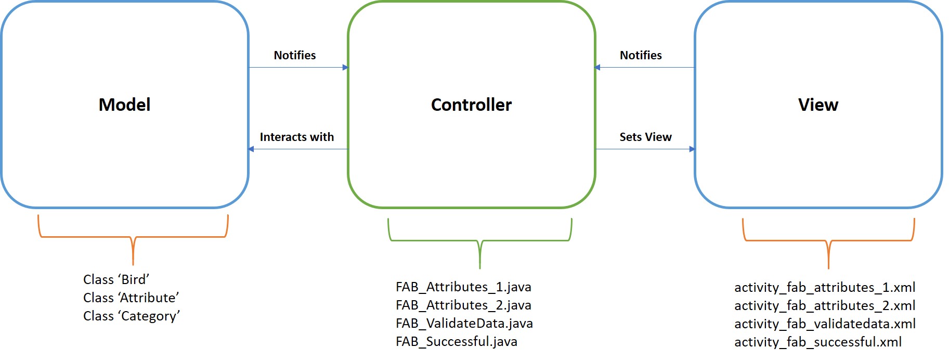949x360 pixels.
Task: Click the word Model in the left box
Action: coord(124,105)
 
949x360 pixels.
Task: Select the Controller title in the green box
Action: coord(471,105)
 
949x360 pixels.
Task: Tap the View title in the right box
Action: coord(818,105)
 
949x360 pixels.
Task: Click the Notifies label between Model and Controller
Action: coord(294,55)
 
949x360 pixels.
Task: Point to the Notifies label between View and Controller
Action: coord(641,55)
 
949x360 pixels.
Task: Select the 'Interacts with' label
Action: coord(296,137)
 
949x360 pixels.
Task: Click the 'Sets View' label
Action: coord(645,137)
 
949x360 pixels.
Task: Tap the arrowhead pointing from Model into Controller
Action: coord(345,67)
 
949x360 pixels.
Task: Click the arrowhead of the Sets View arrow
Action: coord(692,149)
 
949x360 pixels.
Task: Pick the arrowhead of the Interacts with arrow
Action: coord(251,149)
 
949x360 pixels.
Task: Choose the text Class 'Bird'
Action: coord(116,279)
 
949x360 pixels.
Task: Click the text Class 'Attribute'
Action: coord(131,298)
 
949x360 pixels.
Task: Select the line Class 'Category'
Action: coord(131,316)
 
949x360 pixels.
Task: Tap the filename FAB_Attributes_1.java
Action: coord(463,287)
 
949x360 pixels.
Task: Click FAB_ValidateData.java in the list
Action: coord(464,323)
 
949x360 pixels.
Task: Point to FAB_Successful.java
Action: coord(456,341)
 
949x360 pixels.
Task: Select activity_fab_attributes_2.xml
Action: coord(825,305)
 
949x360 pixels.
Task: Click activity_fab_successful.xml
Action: coord(818,342)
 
